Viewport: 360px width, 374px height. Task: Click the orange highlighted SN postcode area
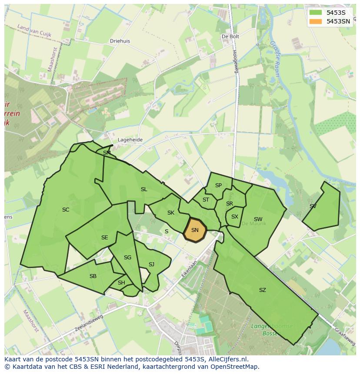[x=195, y=230]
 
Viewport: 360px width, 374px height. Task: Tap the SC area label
[x=66, y=210]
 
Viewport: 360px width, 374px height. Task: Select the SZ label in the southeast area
[x=262, y=290]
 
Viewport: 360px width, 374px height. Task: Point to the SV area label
[x=313, y=206]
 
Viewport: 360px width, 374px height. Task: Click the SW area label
[x=258, y=219]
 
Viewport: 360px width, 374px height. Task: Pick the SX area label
[x=235, y=217]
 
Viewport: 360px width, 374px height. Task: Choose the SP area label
[x=218, y=185]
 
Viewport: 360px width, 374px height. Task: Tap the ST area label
[x=206, y=200]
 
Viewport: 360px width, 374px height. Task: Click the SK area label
[x=170, y=213]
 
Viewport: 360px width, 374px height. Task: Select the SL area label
[x=144, y=189]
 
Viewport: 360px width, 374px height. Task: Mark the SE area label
[x=104, y=238]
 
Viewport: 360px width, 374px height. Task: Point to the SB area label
[x=93, y=276]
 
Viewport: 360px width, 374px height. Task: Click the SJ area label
[x=151, y=265]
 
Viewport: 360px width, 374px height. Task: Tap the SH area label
[x=121, y=283]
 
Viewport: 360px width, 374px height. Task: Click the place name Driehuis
[x=120, y=41]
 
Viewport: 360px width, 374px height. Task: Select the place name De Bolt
[x=230, y=37]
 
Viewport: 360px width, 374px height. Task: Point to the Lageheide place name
[x=130, y=140]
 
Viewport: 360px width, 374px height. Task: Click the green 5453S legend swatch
[x=316, y=13]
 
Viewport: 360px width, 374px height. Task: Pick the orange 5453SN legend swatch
[x=316, y=21]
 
